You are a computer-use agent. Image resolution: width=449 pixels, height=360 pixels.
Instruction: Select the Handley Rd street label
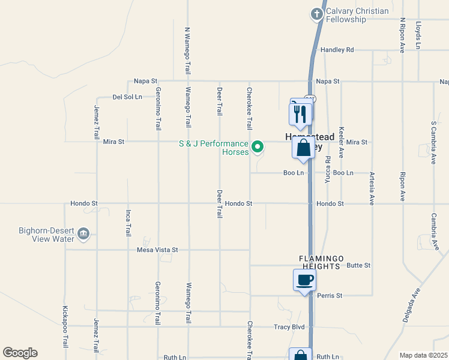point(337,50)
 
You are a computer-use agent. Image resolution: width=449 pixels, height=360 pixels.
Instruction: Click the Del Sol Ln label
point(127,97)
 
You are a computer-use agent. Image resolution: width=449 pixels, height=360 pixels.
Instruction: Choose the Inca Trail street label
point(128,222)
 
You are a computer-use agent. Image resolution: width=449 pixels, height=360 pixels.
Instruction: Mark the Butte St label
point(359,265)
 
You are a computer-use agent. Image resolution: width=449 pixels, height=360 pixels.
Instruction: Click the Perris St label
point(330,296)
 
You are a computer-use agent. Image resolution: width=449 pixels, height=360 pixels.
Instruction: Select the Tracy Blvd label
point(289,327)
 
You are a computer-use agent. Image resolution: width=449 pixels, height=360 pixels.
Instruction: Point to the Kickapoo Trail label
point(65,327)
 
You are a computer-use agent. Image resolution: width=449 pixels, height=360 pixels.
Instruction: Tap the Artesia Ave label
point(372,188)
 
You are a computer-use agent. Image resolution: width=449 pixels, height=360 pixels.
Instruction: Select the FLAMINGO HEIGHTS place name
point(322,258)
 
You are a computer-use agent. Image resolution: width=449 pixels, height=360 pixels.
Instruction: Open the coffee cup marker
point(304,280)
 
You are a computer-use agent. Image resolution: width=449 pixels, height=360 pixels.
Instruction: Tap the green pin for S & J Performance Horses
point(258,146)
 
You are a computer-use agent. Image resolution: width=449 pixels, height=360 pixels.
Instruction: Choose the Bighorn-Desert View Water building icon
point(83,233)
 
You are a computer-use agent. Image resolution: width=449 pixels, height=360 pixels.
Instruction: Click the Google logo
point(20,353)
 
